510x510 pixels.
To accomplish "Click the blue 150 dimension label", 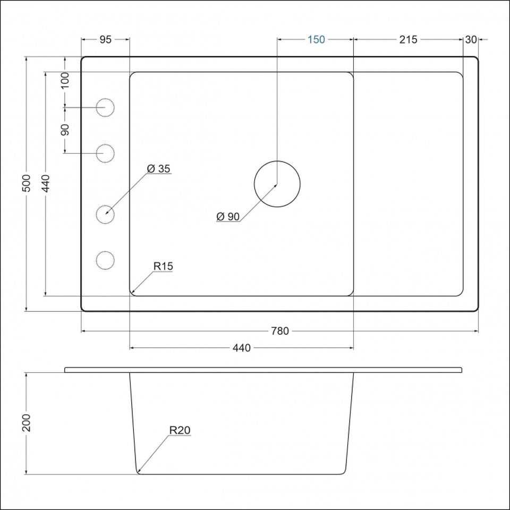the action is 316,39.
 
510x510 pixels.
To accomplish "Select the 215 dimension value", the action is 408,39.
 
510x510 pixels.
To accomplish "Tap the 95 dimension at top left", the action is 105,39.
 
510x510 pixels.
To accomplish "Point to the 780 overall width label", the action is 280,331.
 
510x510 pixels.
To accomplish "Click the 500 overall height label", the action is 27,183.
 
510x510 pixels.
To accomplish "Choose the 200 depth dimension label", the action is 26,422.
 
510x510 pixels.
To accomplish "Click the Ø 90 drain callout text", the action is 228,216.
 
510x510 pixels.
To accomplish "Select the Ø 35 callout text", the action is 158,168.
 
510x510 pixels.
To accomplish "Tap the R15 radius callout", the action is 163,266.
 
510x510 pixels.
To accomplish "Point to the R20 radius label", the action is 180,430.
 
